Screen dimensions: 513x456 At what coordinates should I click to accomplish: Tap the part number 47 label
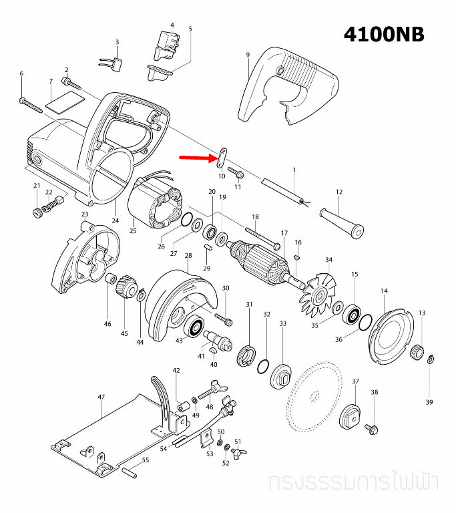click(x=101, y=397)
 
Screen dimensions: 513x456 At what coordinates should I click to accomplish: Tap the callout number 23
click(x=85, y=214)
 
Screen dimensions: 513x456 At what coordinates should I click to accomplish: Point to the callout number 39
click(x=429, y=402)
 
